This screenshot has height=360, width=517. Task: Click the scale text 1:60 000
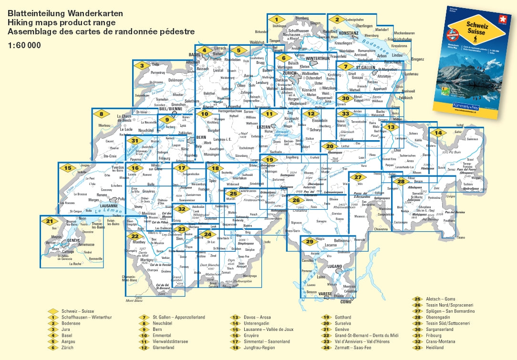[24, 46]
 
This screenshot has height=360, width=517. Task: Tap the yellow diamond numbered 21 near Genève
[50, 221]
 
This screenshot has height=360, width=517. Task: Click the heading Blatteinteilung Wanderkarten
[65, 12]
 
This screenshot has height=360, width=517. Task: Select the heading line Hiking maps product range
[61, 22]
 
